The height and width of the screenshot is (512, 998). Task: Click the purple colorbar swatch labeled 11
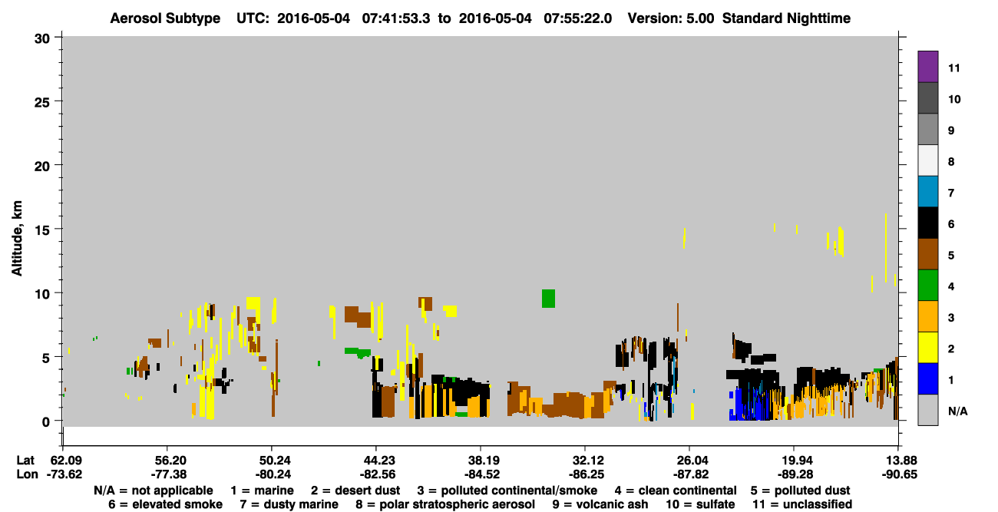click(927, 67)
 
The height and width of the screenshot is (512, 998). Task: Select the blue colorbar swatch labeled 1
click(927, 378)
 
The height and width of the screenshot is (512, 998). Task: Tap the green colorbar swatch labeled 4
click(927, 286)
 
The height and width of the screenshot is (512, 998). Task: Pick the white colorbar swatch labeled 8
click(927, 160)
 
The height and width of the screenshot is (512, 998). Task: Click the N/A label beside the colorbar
click(957, 411)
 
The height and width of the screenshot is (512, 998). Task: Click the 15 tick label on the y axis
click(42, 230)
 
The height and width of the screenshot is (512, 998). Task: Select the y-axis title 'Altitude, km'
click(16, 239)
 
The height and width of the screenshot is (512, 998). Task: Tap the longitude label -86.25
click(587, 474)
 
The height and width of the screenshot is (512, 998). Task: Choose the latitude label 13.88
click(899, 461)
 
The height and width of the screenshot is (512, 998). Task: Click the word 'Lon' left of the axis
click(27, 474)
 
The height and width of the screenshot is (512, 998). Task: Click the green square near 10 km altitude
click(548, 299)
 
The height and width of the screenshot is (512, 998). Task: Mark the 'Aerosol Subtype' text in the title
click(165, 18)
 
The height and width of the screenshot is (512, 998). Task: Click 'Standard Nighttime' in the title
click(786, 18)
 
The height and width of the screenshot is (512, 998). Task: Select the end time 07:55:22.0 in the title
click(577, 18)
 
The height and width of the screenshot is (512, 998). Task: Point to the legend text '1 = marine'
click(262, 491)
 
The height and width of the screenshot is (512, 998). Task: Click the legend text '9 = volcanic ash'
click(600, 504)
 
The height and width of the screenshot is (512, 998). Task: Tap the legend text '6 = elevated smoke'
click(165, 504)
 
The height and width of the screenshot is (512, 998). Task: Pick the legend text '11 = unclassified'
click(802, 504)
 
